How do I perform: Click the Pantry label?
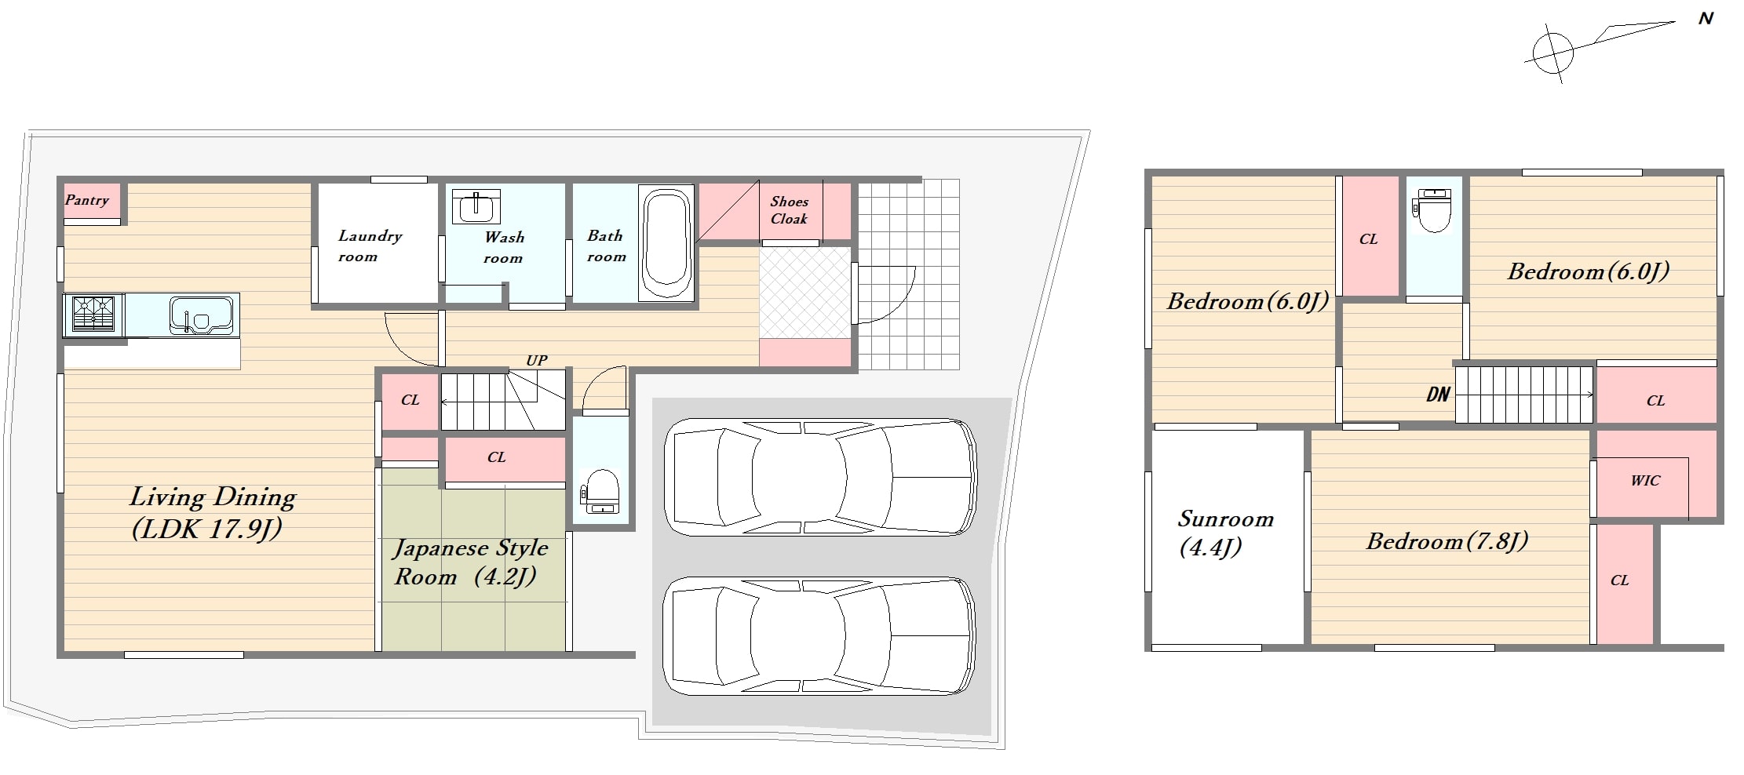[87, 200]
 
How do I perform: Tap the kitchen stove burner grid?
[93, 314]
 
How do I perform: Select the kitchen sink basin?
[201, 315]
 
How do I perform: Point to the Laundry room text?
[370, 246]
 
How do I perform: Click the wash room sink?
[476, 206]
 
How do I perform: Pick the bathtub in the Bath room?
[666, 242]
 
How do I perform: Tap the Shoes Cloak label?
[789, 210]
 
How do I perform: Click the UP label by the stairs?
[537, 360]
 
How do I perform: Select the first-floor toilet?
[600, 492]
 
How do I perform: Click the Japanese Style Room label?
[470, 562]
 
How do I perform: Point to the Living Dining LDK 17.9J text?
[212, 512]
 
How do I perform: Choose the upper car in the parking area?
[820, 477]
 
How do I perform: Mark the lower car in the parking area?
[819, 635]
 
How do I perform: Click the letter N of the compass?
[1706, 18]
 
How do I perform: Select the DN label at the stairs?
[1438, 394]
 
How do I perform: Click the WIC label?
[1645, 480]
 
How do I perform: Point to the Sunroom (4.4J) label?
[1224, 533]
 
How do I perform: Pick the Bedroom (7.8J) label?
[1447, 540]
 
